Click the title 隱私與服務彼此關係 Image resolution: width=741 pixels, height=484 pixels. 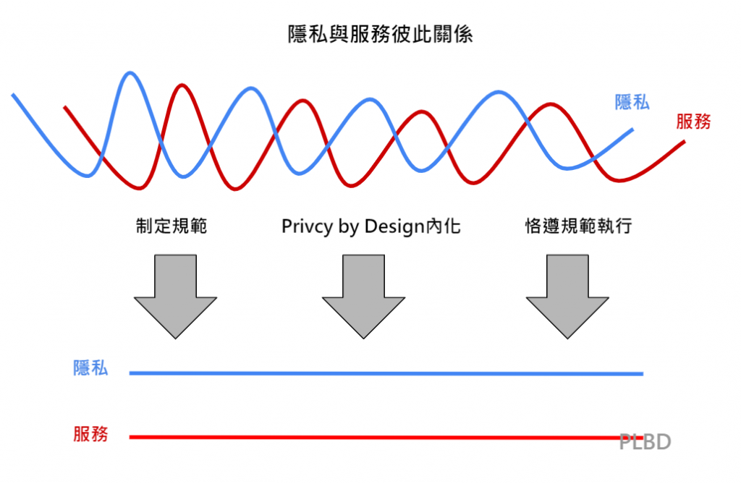click(370, 34)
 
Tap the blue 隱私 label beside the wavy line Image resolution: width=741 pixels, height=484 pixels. click(632, 102)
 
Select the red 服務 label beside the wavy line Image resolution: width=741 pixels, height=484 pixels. click(693, 122)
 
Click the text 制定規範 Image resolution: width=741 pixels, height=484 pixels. click(171, 226)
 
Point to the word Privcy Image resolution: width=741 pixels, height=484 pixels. click(308, 227)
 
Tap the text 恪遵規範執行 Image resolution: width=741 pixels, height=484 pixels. click(578, 226)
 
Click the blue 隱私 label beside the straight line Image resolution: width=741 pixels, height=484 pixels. click(90, 368)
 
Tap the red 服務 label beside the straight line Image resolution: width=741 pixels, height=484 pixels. click(90, 434)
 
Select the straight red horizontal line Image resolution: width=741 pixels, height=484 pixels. click(362, 437)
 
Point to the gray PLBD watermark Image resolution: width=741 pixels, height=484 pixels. click(645, 441)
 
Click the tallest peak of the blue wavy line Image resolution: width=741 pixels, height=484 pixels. click(130, 73)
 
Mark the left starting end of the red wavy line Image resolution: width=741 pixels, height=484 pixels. click(65, 108)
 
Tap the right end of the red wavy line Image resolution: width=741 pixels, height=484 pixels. click(683, 142)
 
